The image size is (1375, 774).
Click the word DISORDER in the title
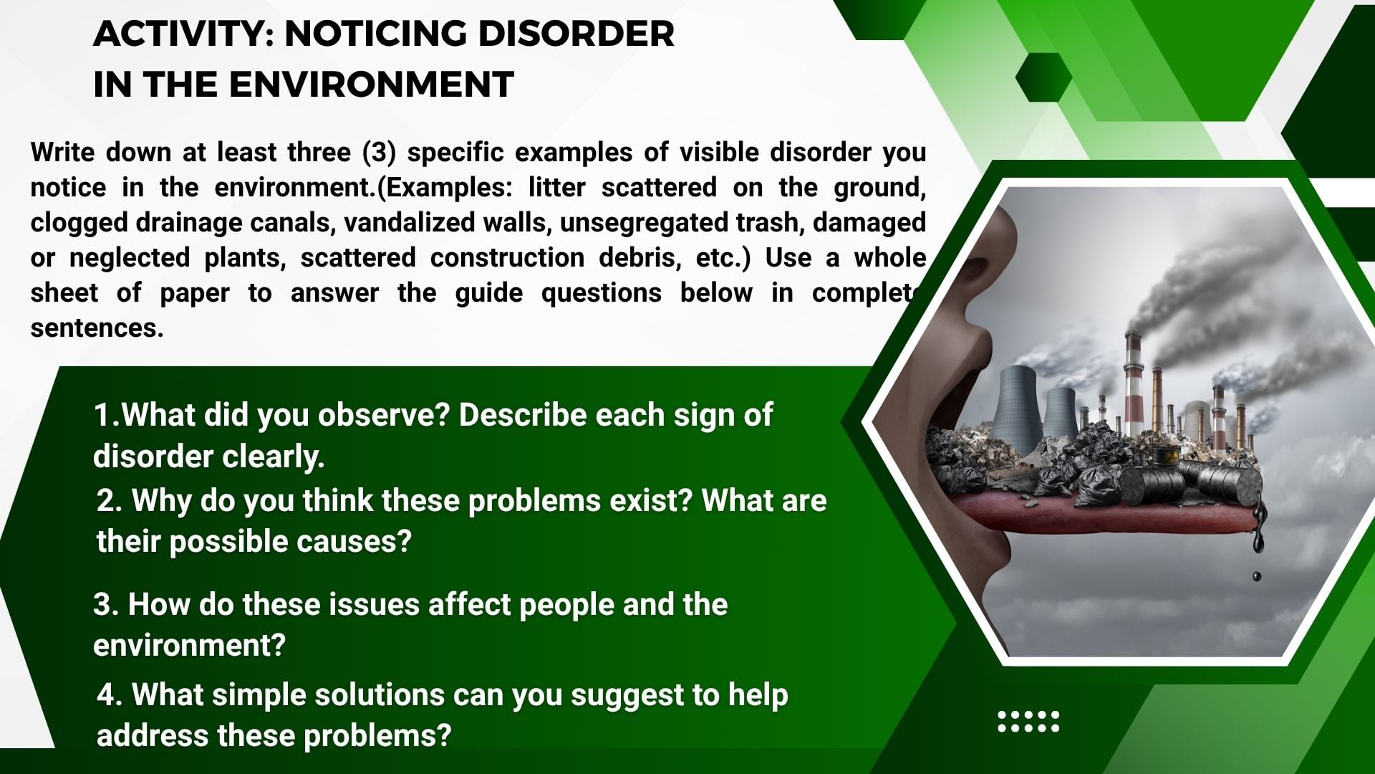(576, 34)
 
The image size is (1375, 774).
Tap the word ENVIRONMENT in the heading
(371, 85)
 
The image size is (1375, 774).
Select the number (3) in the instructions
(378, 153)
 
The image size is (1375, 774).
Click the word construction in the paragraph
(507, 257)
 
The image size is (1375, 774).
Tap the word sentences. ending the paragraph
(97, 328)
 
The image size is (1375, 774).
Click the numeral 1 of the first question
(102, 415)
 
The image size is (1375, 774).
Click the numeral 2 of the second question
(106, 500)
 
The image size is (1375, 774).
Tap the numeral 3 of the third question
(102, 605)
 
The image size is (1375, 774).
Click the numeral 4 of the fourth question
(107, 695)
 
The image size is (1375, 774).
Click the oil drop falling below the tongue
(1256, 576)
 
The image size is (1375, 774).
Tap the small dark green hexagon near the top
(1043, 77)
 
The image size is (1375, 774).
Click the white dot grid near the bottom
(1028, 722)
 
